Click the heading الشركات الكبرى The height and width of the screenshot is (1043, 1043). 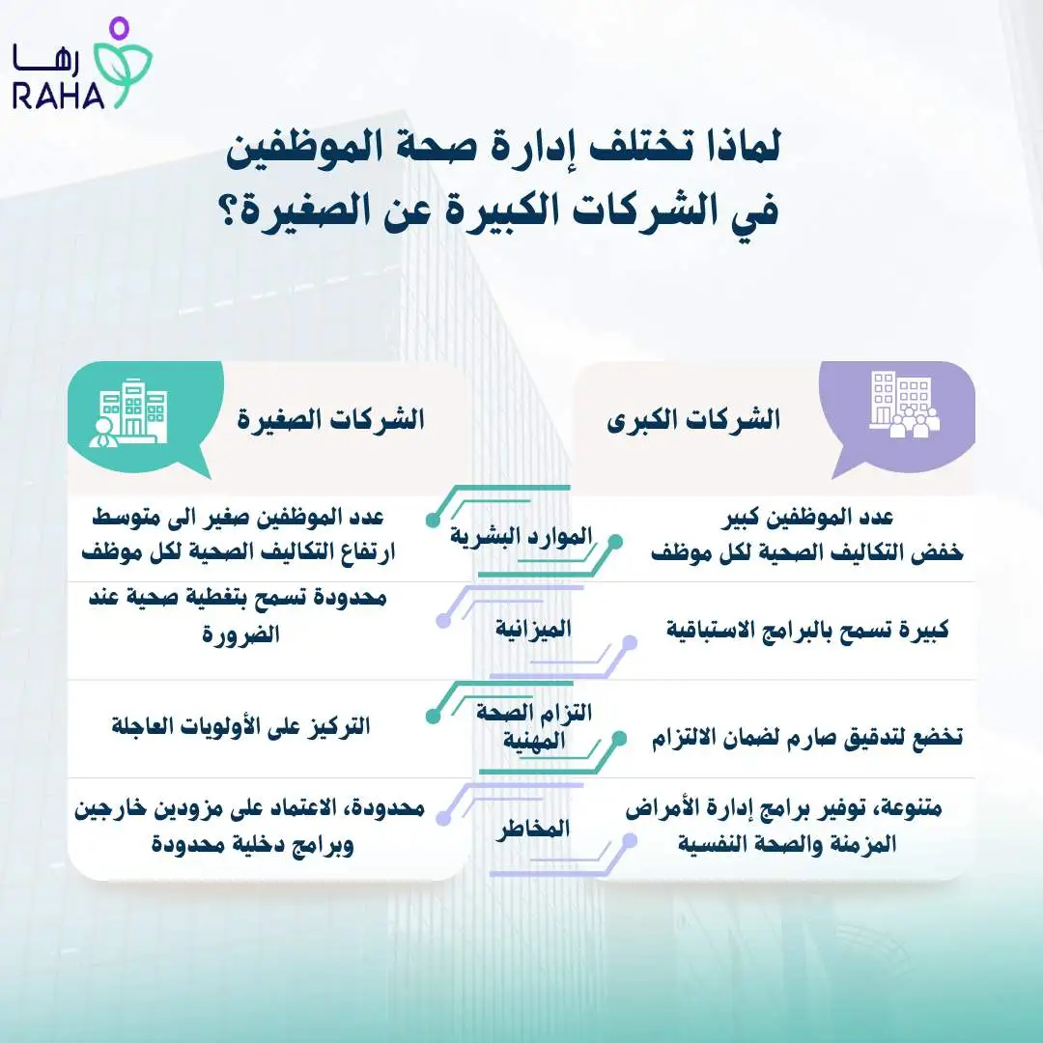(x=692, y=421)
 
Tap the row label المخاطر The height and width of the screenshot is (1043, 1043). (x=532, y=829)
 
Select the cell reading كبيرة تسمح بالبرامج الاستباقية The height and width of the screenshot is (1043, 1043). (x=807, y=631)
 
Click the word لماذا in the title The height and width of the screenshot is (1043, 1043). (x=736, y=153)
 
